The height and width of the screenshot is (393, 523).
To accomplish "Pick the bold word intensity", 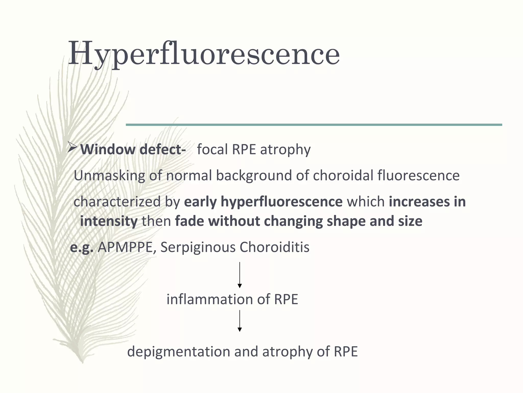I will coord(109,221).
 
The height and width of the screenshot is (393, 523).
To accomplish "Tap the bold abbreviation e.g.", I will coord(81,247).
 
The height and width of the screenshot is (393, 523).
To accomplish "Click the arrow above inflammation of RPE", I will coord(240,275).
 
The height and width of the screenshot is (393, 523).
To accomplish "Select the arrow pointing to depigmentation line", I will coord(240,321).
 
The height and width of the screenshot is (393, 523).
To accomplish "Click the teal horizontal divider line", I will coord(314,125).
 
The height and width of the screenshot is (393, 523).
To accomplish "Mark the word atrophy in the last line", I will coord(287,352).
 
